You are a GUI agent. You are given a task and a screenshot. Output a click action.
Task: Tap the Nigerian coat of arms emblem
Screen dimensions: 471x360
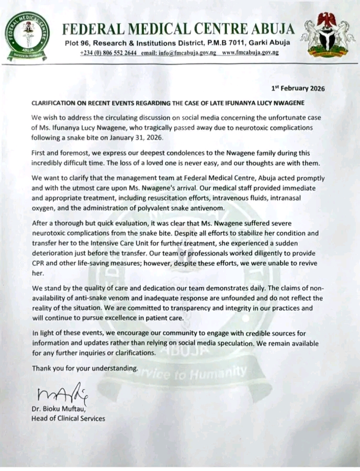pos(329,35)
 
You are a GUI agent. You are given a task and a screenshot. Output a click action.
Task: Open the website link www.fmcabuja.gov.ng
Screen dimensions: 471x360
pos(250,53)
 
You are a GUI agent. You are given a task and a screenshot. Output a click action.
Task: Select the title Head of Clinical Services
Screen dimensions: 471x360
pos(69,418)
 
